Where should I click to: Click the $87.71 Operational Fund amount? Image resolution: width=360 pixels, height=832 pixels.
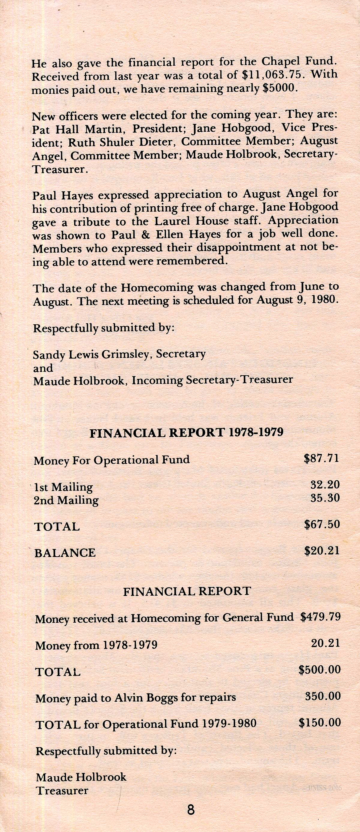322,458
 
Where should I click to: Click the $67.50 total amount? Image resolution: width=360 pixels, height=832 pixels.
322,524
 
